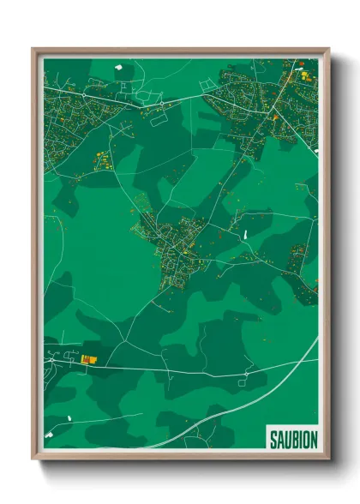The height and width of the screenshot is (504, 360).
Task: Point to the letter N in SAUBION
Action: coord(315,440)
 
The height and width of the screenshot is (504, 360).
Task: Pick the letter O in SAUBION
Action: coord(306,440)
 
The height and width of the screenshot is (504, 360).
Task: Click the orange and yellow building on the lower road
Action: coord(87,360)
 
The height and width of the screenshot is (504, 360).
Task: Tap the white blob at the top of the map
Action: coord(118,65)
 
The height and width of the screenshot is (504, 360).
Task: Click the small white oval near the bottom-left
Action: coord(69,418)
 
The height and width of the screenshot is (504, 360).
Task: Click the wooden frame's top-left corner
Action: coord(34,50)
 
